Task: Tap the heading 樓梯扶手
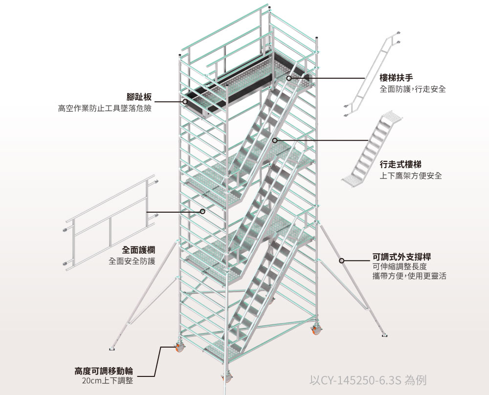pyautogui.click(x=397, y=78)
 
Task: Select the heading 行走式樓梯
pyautogui.click(x=400, y=164)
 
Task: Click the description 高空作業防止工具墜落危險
pyautogui.click(x=105, y=109)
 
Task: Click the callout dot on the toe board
pyautogui.click(x=185, y=102)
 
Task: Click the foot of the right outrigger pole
pyautogui.click(x=385, y=335)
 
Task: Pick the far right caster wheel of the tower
pyautogui.click(x=316, y=330)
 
